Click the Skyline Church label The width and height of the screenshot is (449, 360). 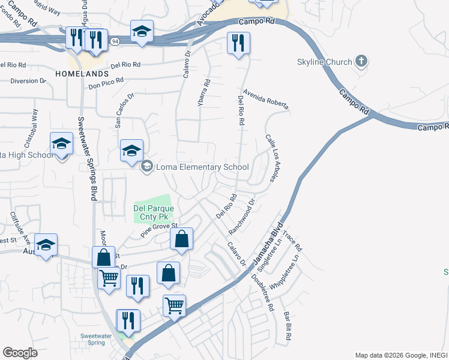[324, 62]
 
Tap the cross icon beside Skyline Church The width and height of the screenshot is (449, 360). [361, 61]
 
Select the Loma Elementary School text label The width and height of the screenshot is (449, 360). [202, 167]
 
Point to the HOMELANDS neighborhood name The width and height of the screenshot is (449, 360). [82, 73]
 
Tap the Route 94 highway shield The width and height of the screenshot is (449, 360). [114, 41]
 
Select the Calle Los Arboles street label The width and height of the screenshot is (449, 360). [275, 158]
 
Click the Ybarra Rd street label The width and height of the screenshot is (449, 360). [204, 93]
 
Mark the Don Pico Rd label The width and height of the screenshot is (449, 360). [106, 83]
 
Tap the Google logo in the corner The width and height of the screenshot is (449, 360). [20, 353]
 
